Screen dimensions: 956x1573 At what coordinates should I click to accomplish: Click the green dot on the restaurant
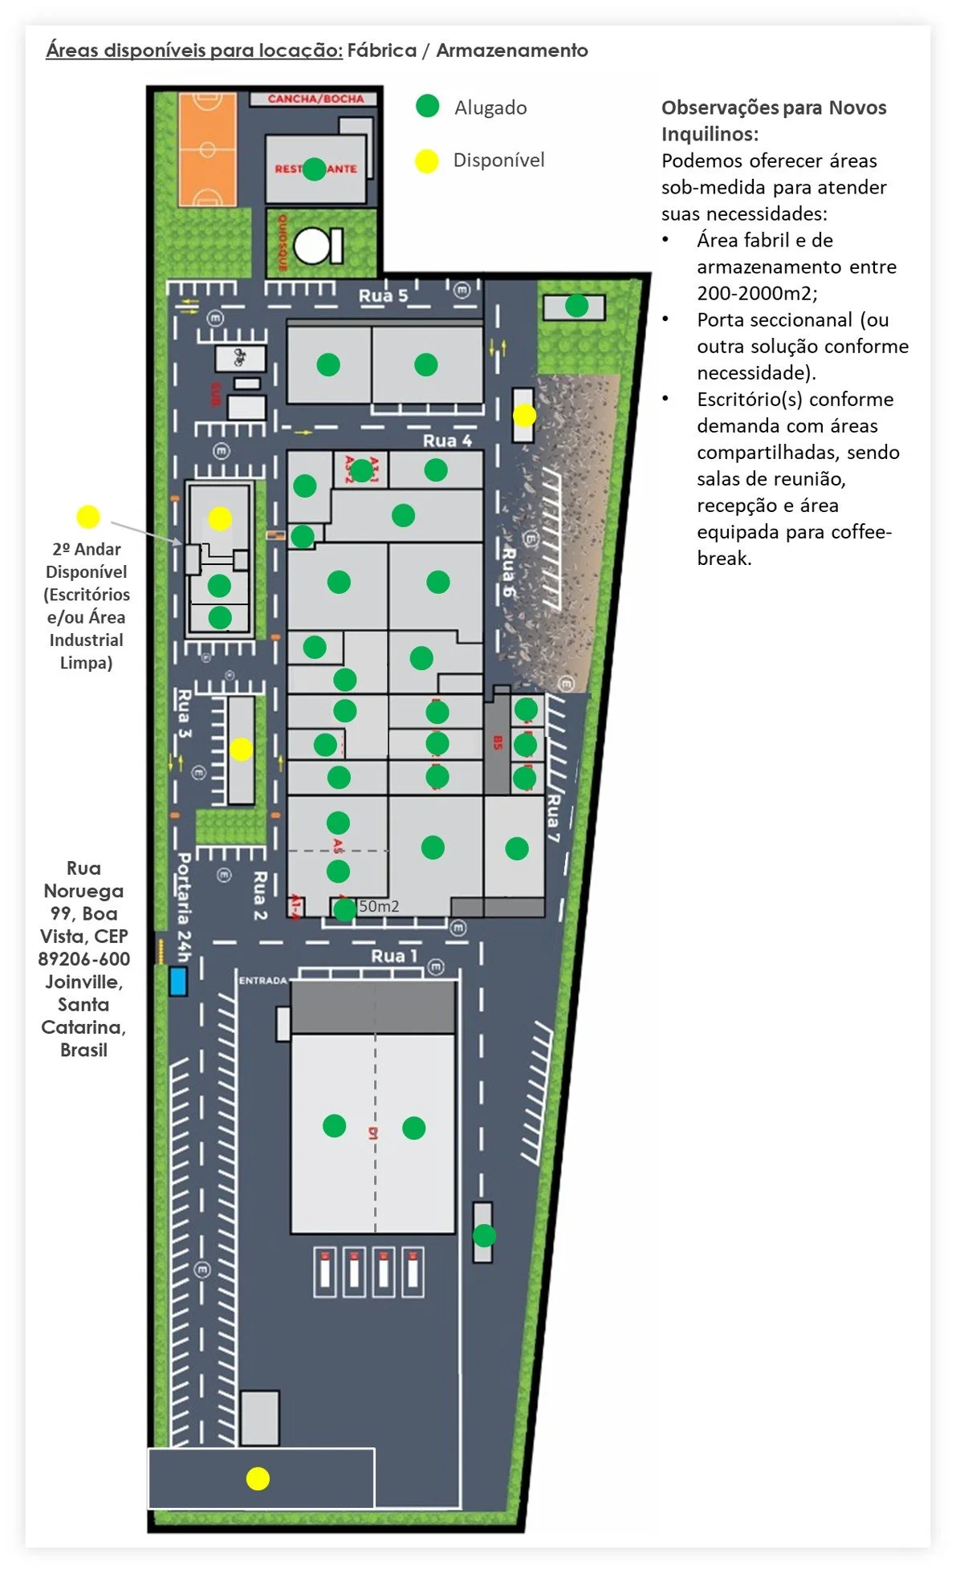click(315, 169)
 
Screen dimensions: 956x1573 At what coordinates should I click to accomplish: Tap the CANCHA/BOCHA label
click(315, 99)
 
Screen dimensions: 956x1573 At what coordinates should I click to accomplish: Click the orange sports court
click(207, 149)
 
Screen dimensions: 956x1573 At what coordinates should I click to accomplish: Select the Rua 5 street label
click(383, 295)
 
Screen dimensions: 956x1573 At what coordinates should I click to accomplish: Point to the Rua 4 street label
click(447, 441)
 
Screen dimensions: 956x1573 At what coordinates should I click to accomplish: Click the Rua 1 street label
click(394, 956)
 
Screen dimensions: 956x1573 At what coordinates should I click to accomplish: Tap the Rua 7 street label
click(552, 818)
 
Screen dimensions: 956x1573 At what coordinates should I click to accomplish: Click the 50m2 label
click(379, 906)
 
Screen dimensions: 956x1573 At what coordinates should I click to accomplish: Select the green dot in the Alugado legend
click(428, 106)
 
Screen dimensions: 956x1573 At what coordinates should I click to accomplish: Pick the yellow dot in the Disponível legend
click(426, 161)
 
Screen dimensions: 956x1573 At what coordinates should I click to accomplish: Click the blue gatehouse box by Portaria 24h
click(178, 981)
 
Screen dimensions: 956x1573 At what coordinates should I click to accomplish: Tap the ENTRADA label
click(262, 980)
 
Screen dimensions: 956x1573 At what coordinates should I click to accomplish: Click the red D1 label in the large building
click(373, 1133)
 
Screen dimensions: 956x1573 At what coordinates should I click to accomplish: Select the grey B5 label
click(498, 743)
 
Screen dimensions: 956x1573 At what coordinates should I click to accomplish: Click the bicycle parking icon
click(239, 357)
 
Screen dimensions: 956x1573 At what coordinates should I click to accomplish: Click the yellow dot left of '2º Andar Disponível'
click(87, 517)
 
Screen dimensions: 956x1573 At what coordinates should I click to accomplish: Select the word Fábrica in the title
click(382, 51)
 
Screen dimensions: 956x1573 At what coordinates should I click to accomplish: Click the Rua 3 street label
click(184, 713)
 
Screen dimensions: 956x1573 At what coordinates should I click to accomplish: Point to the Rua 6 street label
click(508, 571)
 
